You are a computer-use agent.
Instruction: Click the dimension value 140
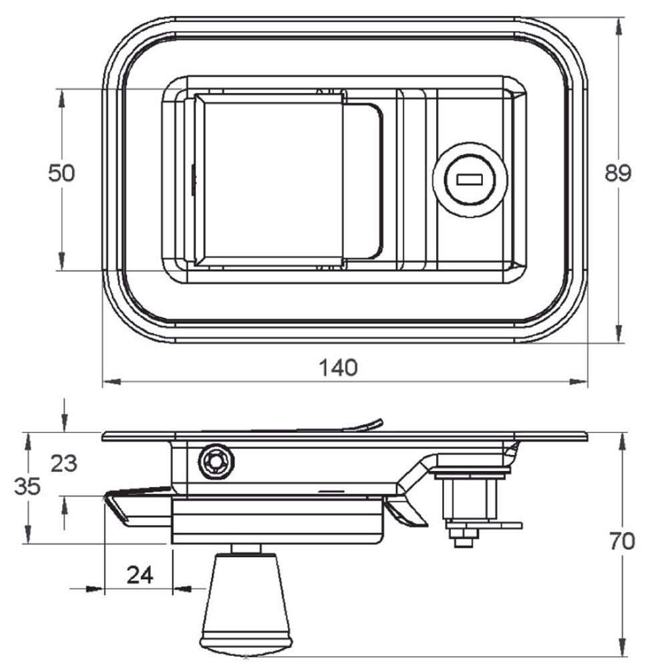click(338, 367)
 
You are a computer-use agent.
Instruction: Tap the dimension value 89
click(618, 174)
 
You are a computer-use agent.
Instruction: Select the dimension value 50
click(61, 174)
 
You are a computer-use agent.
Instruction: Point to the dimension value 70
click(622, 541)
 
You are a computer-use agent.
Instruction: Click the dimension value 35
click(27, 486)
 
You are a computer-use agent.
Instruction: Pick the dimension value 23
click(64, 464)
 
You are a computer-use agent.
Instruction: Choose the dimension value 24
click(140, 576)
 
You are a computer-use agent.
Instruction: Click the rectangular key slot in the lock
click(469, 179)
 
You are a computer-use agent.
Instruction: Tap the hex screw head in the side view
click(216, 462)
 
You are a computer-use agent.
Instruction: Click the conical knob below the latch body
click(246, 607)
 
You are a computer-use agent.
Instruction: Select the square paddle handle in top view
click(269, 179)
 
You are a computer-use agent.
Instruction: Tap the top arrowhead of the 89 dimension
click(619, 27)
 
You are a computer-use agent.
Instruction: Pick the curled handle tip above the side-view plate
click(375, 424)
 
